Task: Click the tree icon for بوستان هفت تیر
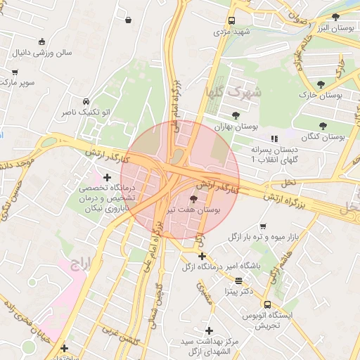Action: pos(193,200)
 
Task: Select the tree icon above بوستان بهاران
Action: pos(236,115)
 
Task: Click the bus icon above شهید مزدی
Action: pos(232,21)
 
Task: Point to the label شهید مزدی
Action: pos(233,32)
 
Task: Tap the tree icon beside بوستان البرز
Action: pos(335,16)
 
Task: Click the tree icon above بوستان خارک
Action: pos(321,84)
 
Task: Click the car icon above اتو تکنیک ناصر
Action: pos(86,101)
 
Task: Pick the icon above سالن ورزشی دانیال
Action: pos(43,41)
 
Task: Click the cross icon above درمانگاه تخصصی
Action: pos(107,177)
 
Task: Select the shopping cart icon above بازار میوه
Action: pos(263,226)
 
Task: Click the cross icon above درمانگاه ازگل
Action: pos(202,256)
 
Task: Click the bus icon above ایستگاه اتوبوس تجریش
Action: pos(268,304)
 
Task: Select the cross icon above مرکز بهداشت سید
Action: pos(209,330)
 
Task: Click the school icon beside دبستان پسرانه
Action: pos(274,139)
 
